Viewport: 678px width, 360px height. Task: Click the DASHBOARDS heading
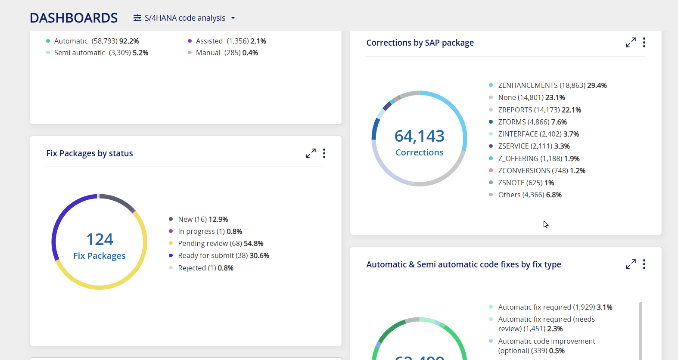click(74, 18)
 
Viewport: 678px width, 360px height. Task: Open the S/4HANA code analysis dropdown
click(184, 18)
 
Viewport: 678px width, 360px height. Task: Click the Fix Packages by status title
click(90, 153)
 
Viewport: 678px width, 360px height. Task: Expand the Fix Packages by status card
click(311, 153)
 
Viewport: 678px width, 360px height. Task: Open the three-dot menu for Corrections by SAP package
click(644, 43)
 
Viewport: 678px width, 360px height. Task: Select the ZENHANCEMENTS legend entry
click(547, 85)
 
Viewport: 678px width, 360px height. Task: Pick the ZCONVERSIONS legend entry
click(537, 171)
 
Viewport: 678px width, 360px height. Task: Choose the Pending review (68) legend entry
click(216, 244)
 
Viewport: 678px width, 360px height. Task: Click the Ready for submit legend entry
click(218, 256)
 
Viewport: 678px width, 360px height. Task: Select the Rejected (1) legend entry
click(201, 268)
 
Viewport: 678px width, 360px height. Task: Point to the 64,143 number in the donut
click(419, 136)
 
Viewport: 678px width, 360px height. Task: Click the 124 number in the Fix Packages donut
click(100, 239)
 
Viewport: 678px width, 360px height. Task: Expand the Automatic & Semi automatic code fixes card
click(631, 264)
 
